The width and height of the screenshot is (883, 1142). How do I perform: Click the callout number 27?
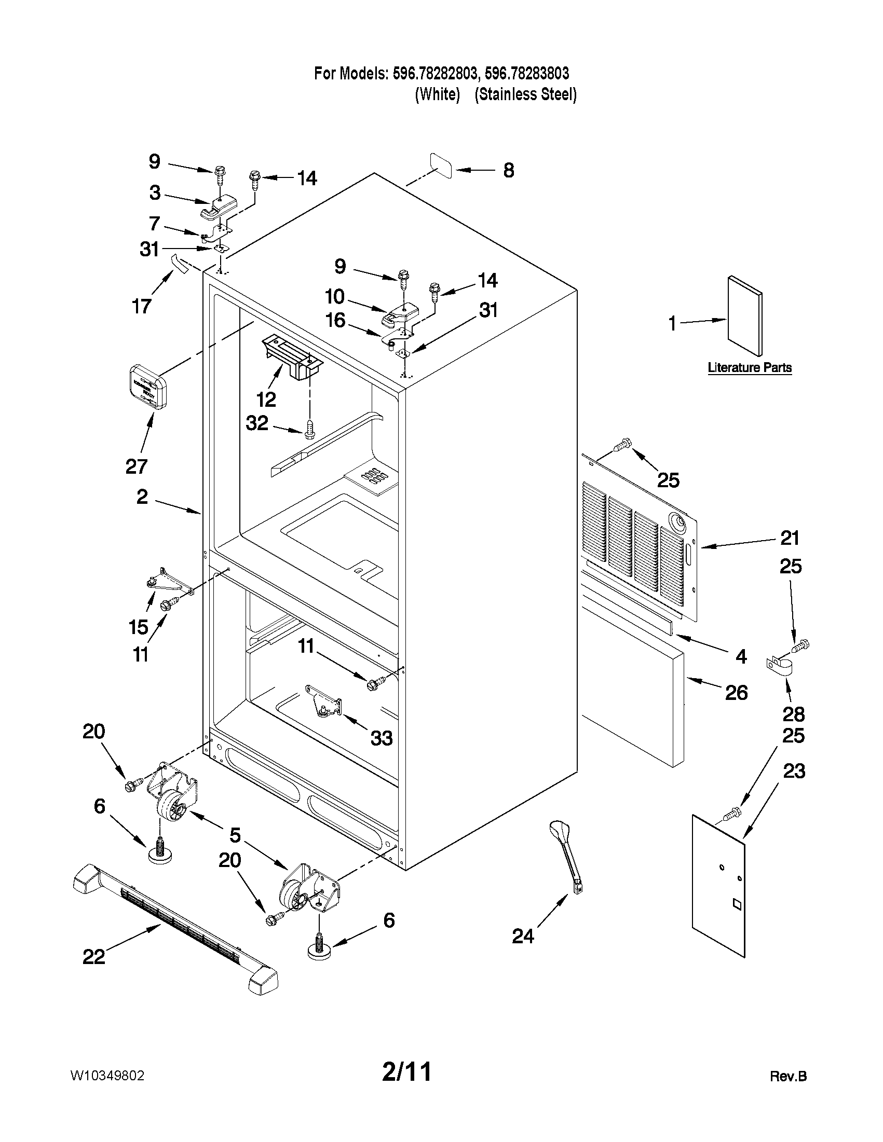[x=137, y=466]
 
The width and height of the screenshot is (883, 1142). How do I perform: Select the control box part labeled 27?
[x=147, y=387]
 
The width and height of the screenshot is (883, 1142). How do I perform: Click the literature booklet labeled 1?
[x=745, y=316]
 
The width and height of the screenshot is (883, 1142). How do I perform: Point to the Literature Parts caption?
[x=749, y=367]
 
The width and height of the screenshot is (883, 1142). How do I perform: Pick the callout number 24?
[x=523, y=937]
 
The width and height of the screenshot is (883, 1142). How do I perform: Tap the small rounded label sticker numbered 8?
[x=441, y=166]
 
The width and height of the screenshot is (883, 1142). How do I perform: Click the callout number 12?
[x=266, y=400]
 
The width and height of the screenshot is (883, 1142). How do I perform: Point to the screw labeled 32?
[x=309, y=429]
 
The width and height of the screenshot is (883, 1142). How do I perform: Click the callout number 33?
[x=382, y=738]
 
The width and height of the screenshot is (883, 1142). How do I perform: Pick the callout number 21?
[x=790, y=538]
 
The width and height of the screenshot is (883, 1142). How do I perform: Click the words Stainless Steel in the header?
[x=525, y=94]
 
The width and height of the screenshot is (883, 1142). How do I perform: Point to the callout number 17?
[x=141, y=306]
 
